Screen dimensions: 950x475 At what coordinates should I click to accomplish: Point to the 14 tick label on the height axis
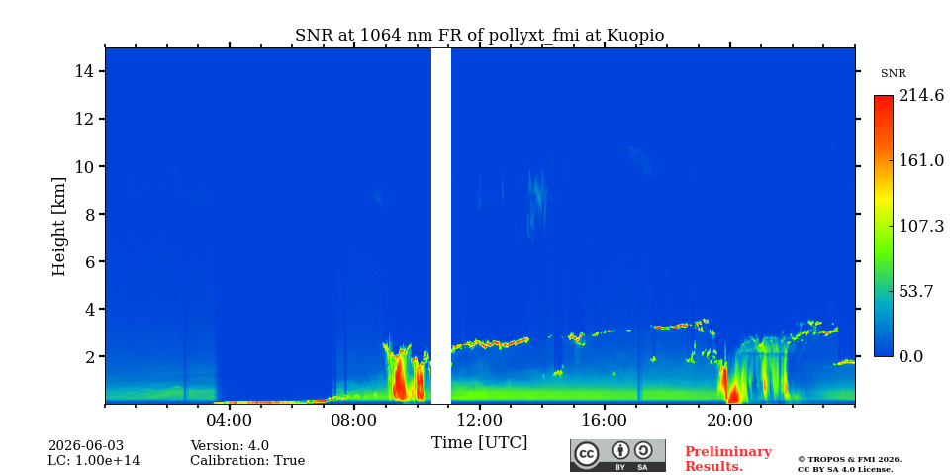(x=85, y=71)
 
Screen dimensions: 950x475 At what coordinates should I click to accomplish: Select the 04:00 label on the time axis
(x=230, y=420)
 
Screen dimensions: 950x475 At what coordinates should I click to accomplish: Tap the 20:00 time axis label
(x=730, y=420)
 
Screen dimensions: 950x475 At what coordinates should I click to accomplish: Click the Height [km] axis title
(x=58, y=227)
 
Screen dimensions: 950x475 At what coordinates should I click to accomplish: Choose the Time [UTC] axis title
(x=479, y=443)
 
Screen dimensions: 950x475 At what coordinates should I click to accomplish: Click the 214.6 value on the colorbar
(x=921, y=95)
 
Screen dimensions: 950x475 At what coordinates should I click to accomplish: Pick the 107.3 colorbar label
(x=921, y=226)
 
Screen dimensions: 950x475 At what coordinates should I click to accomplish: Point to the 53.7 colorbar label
(x=916, y=291)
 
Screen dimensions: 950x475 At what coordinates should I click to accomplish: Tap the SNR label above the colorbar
(x=893, y=74)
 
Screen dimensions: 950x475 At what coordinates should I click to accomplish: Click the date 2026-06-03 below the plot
(x=85, y=446)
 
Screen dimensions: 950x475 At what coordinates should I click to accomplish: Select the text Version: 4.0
(x=230, y=446)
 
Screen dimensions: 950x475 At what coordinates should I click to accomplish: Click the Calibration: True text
(x=247, y=461)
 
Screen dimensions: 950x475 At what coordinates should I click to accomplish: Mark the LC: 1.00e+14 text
(x=94, y=461)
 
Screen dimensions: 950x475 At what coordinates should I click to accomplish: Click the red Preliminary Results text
(x=728, y=459)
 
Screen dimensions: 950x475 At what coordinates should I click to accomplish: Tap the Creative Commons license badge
(x=617, y=455)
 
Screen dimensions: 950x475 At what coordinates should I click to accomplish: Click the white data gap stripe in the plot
(x=441, y=226)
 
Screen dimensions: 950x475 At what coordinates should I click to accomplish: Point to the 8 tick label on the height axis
(x=90, y=214)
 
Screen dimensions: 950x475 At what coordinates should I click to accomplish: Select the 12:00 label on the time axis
(x=480, y=420)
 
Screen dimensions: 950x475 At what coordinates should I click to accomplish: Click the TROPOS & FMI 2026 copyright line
(x=849, y=460)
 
